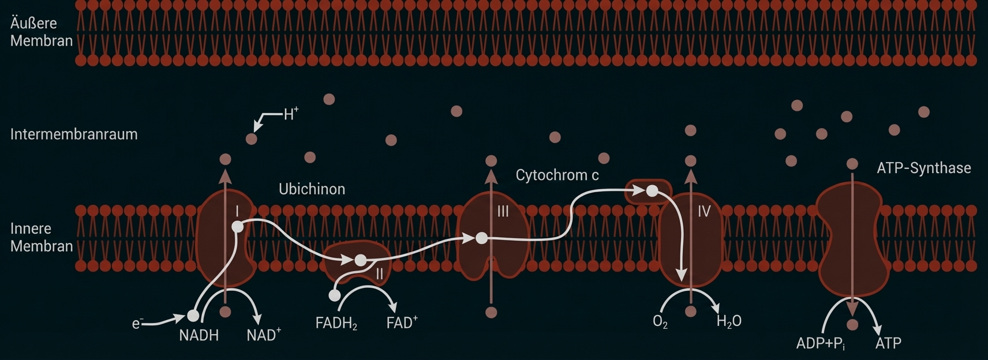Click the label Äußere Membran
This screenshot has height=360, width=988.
(x=41, y=32)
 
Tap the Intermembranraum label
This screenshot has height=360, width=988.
(x=74, y=134)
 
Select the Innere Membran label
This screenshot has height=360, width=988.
(x=41, y=237)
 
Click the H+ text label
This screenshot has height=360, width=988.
(x=291, y=114)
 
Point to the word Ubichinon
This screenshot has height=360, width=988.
(x=312, y=189)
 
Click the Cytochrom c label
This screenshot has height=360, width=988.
(x=557, y=175)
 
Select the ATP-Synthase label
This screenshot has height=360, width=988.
(x=923, y=168)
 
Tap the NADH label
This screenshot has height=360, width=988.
(x=199, y=335)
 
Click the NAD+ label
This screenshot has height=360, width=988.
(x=263, y=335)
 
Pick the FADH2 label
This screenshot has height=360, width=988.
(x=336, y=323)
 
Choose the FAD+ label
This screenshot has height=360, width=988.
(x=402, y=322)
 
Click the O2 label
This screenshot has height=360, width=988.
(x=660, y=322)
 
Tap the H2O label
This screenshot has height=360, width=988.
(x=728, y=321)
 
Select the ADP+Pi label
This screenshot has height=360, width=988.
(x=820, y=343)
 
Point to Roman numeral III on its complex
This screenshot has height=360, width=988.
(x=503, y=212)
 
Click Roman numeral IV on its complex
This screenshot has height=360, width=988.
(x=703, y=212)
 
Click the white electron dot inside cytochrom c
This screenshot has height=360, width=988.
(x=652, y=191)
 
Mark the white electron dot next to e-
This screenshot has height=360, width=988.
(x=193, y=316)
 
